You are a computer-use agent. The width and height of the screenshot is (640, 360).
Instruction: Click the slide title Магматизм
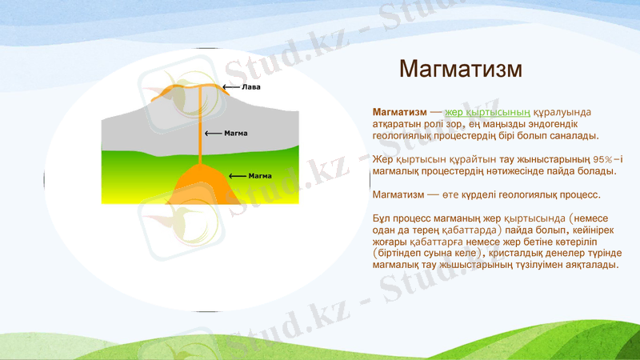(x=460, y=69)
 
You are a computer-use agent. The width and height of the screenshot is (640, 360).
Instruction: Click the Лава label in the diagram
(x=251, y=86)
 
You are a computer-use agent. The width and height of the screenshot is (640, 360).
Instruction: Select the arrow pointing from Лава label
(x=230, y=86)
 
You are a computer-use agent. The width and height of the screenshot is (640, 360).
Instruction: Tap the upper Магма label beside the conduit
(x=235, y=134)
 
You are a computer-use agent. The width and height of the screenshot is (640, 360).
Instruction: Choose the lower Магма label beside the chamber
(x=260, y=175)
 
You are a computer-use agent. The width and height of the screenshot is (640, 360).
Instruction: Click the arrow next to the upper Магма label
(x=214, y=134)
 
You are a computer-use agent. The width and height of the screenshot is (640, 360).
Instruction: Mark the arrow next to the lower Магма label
(x=238, y=175)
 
